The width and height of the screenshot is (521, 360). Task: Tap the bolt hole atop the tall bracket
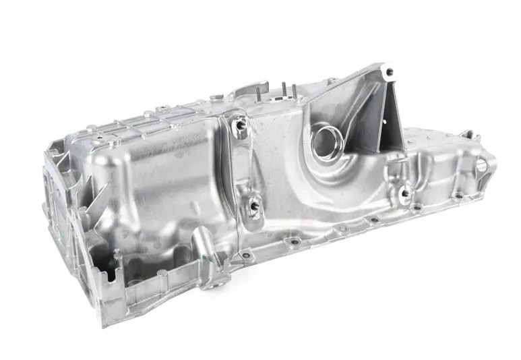[x=388, y=71]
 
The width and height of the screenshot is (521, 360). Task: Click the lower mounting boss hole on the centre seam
[x=254, y=205]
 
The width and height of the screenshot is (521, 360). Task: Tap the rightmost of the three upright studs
[x=293, y=90]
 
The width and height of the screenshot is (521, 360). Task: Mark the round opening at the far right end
[x=481, y=165]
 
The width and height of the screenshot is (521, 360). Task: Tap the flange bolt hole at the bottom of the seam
[x=246, y=256]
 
